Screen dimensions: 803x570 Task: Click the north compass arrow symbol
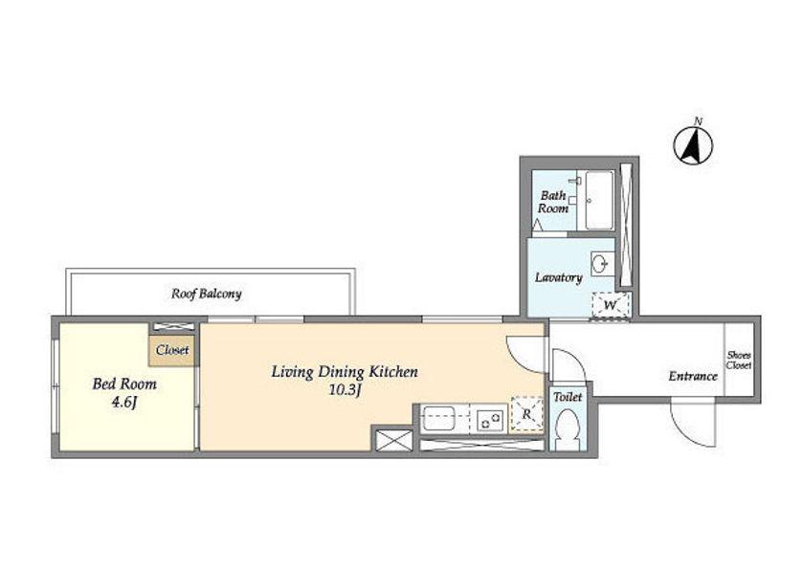pos(693,144)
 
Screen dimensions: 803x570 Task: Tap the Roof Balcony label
pos(206,294)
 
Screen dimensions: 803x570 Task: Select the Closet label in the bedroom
pos(172,350)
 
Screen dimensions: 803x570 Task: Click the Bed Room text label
pos(124,384)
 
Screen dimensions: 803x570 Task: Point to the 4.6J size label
pos(123,403)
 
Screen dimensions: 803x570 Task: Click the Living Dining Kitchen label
pos(345,372)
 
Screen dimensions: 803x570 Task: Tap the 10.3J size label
pos(346,391)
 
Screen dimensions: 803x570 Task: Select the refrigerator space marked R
pos(527,415)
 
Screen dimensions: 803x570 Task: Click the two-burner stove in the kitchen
pos(488,420)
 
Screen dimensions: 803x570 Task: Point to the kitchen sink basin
pos(439,419)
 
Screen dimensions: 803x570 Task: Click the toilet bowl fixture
pos(568,429)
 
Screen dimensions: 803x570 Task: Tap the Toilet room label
pos(568,397)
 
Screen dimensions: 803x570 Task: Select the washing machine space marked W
pos(611,305)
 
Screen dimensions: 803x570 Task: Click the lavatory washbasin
pos(600,264)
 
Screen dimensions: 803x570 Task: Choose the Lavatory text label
pos(559,278)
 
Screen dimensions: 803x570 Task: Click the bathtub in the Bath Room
pos(599,200)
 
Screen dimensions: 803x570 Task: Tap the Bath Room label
pos(553,202)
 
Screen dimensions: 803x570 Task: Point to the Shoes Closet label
pos(739,361)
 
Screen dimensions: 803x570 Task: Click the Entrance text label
pos(693,377)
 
